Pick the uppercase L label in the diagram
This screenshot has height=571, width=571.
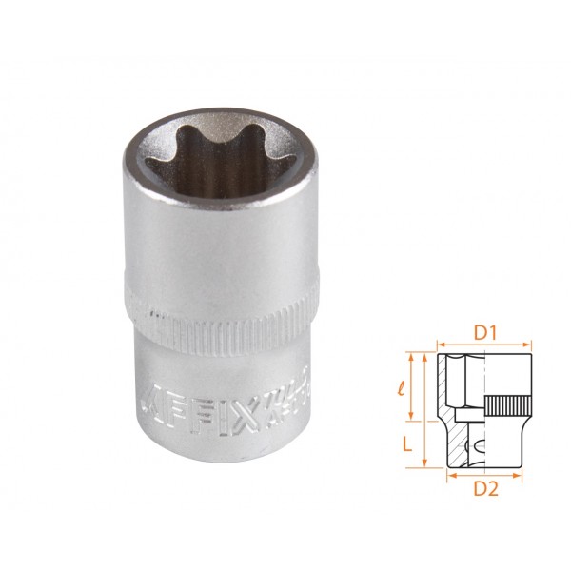pyautogui.click(x=405, y=444)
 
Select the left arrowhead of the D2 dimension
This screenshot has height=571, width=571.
pyautogui.click(x=448, y=475)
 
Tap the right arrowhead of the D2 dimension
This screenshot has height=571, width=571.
pyautogui.click(x=521, y=475)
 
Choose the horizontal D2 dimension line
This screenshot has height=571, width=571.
pyautogui.click(x=484, y=475)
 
